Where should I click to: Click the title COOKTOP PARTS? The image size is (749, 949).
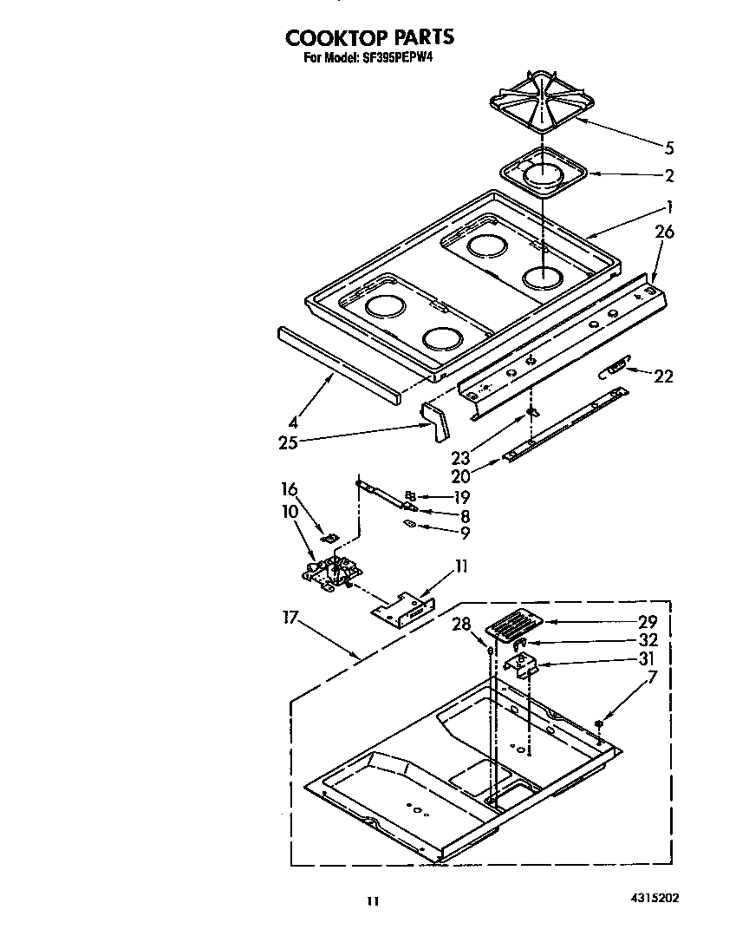(x=369, y=37)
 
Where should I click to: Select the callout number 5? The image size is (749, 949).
(x=668, y=147)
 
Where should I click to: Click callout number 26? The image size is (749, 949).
(x=665, y=232)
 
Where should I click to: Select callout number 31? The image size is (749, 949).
(x=648, y=658)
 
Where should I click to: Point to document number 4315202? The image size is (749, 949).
(x=649, y=899)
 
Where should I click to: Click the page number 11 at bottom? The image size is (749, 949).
(x=372, y=902)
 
